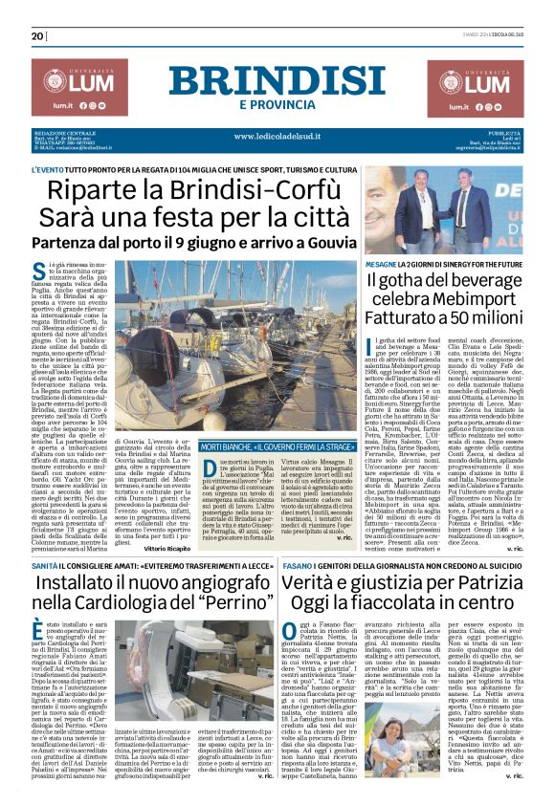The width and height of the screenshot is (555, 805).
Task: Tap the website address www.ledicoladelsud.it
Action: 277,136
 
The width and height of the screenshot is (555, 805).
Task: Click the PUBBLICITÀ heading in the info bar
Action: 501,134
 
